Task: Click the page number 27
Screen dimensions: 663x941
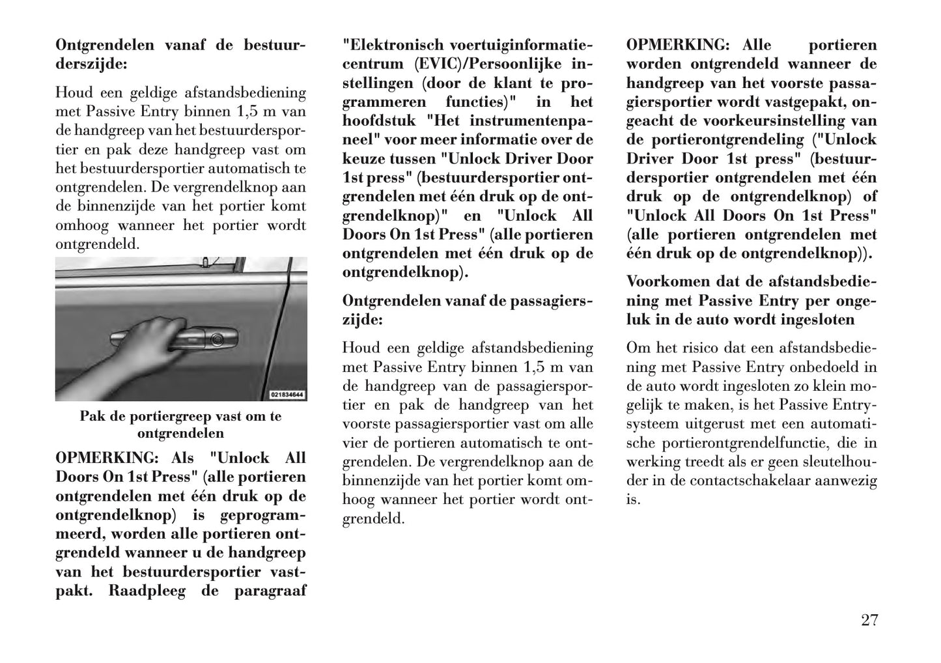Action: point(869,619)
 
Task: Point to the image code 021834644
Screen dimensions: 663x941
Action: point(287,395)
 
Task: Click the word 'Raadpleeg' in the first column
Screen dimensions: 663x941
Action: point(145,591)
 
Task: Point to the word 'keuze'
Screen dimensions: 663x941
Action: point(362,158)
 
